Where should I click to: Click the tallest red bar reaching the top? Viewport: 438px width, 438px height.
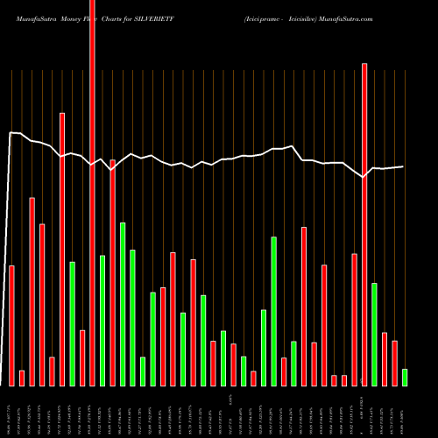[92, 193]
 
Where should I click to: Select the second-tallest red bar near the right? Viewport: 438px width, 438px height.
[364, 224]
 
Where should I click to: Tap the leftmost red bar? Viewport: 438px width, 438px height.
[11, 325]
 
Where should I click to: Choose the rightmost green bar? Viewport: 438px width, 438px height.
[405, 377]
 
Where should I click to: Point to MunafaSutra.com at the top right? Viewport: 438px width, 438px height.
[398, 10]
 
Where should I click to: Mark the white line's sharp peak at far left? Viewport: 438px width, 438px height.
[11, 133]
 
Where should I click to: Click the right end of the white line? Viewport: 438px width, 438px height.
[403, 166]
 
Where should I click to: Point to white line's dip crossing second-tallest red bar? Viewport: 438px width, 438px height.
[364, 177]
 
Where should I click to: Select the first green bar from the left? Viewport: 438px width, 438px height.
[72, 323]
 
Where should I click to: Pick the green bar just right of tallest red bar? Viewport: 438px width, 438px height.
[102, 320]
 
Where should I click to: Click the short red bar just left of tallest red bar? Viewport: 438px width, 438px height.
[82, 357]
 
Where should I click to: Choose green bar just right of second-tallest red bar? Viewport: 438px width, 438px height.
[374, 334]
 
